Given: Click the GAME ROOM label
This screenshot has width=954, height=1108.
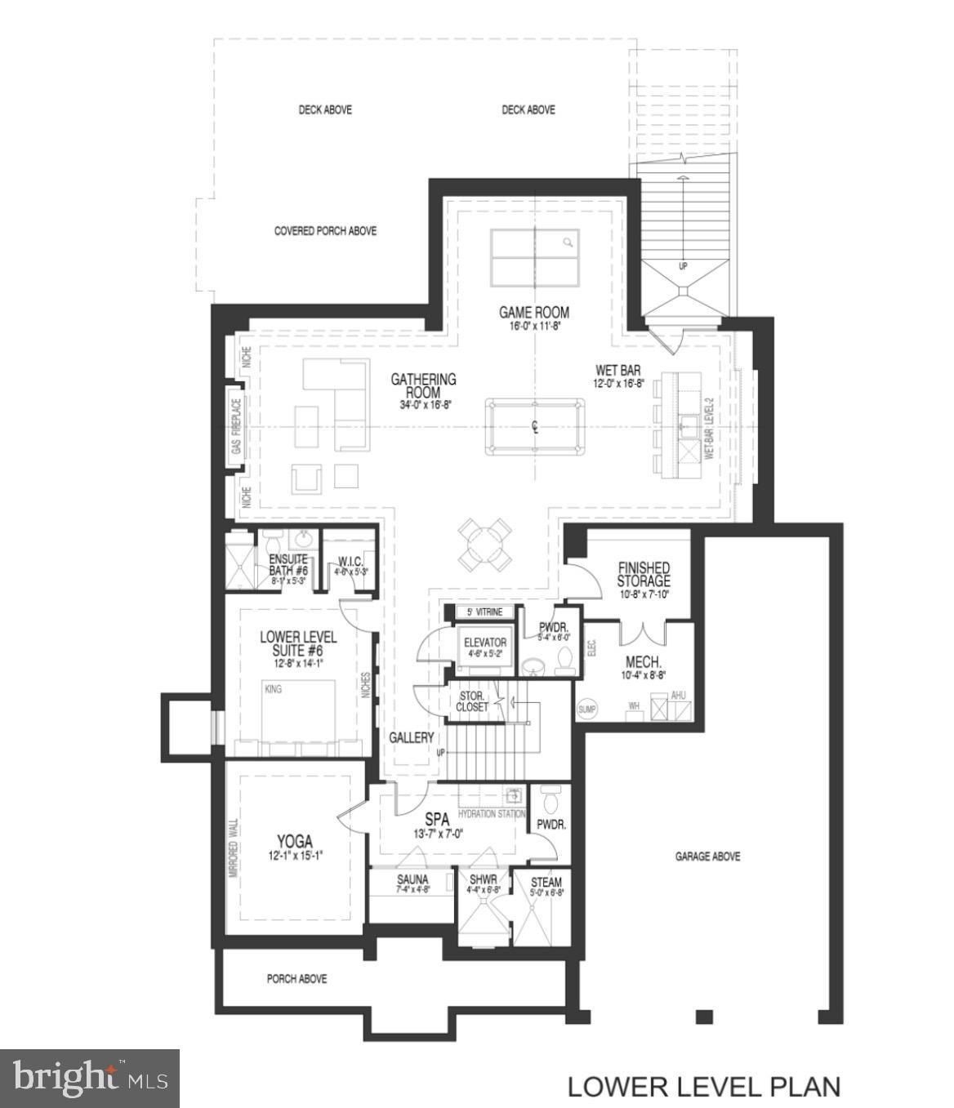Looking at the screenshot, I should (534, 312).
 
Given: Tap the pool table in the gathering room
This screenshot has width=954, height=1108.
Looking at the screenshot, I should (535, 427).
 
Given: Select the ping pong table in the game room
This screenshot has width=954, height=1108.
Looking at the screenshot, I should (534, 257).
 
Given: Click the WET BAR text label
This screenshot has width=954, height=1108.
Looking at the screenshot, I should (617, 371).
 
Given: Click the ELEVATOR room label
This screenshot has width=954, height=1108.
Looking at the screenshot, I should (485, 643).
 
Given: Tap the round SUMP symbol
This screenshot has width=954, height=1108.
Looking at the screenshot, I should (587, 710).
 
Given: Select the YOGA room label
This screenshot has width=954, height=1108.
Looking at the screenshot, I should (294, 842).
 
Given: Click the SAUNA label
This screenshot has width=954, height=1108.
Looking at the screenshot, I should (412, 879).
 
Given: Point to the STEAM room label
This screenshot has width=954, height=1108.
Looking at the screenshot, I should (546, 883).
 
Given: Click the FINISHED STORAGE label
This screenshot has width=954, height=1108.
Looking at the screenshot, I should (644, 574).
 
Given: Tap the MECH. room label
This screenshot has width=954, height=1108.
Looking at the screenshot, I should (643, 662).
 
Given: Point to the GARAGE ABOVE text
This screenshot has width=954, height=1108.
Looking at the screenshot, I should (707, 857).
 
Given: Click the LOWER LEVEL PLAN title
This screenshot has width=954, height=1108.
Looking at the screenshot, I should (703, 1087).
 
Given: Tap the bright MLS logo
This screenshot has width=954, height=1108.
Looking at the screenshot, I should (89, 1078).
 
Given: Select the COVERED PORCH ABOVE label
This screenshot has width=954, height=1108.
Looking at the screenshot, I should (325, 231).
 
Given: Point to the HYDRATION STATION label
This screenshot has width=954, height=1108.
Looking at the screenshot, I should (491, 814).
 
